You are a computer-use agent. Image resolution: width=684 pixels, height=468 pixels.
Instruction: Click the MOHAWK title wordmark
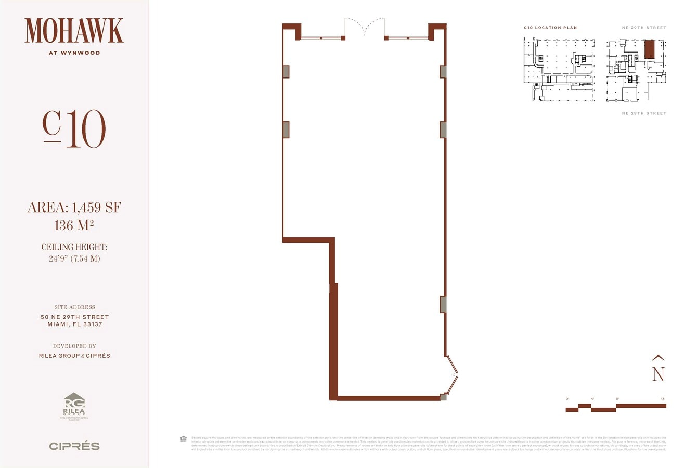tap(74, 31)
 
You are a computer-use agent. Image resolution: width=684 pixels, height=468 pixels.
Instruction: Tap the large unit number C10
tap(74, 129)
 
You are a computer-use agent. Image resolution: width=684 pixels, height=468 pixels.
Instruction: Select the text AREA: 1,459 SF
tap(74, 209)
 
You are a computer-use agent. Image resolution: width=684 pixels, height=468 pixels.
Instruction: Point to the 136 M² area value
tap(74, 226)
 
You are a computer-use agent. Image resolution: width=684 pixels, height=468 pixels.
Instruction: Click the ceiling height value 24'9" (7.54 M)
tap(74, 258)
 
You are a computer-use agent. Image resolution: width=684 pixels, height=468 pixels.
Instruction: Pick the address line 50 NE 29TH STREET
tap(74, 317)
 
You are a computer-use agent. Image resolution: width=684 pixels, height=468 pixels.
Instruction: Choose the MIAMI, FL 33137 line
tap(74, 324)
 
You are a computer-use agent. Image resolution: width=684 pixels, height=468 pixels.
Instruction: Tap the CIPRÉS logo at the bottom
tap(74, 446)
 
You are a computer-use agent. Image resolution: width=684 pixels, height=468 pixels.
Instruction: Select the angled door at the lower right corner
tap(452, 375)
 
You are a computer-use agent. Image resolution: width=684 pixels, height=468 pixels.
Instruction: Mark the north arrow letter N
tap(659, 373)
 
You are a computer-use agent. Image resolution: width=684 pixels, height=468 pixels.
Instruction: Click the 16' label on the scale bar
tap(663, 399)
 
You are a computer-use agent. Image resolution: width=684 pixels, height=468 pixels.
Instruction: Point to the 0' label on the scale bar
tap(567, 399)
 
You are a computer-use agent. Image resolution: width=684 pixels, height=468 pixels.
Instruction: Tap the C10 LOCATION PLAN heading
tap(550, 28)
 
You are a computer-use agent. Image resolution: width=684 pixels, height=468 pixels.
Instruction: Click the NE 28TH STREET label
tap(644, 113)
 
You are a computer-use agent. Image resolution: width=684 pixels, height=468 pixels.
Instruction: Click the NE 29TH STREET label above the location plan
tap(644, 28)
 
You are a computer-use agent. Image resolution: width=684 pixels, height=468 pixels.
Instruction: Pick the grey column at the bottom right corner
tap(443, 397)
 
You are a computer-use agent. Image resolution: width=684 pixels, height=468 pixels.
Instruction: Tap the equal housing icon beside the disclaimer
tap(183, 438)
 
